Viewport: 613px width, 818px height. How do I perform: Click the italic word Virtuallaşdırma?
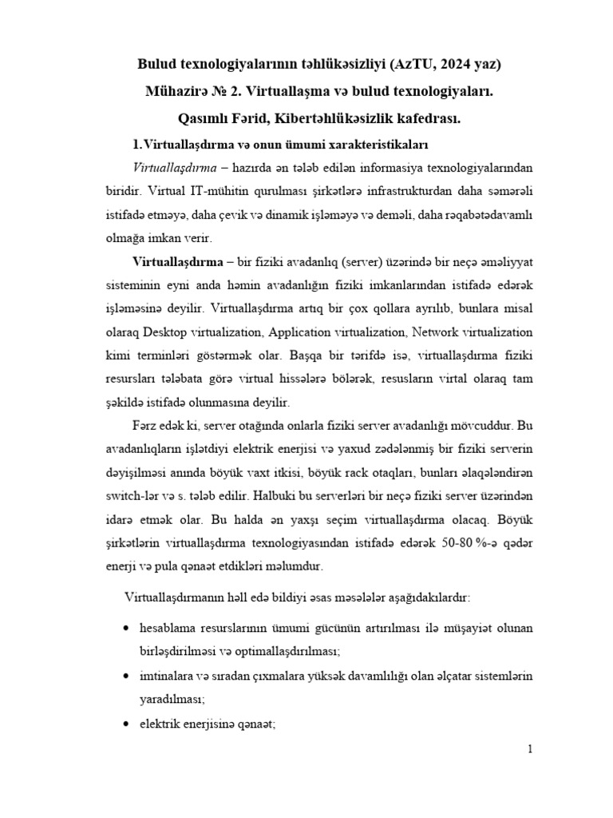(x=172, y=169)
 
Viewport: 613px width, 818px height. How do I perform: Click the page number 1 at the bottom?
(x=529, y=749)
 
